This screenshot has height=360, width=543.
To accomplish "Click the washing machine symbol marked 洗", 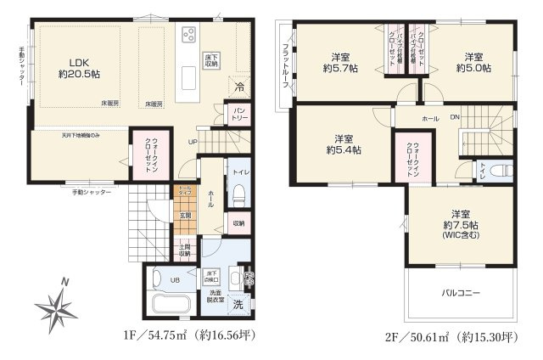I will [238, 303].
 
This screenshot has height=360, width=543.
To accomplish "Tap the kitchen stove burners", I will [188, 35].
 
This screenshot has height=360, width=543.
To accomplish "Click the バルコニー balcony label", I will [460, 293].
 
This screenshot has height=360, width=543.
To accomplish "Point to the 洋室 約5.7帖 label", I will [344, 64].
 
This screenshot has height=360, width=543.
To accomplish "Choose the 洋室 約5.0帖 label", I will [475, 64].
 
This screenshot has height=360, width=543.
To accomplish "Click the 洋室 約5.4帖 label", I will [344, 144].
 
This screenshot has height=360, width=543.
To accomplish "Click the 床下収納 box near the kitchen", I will [211, 60].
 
